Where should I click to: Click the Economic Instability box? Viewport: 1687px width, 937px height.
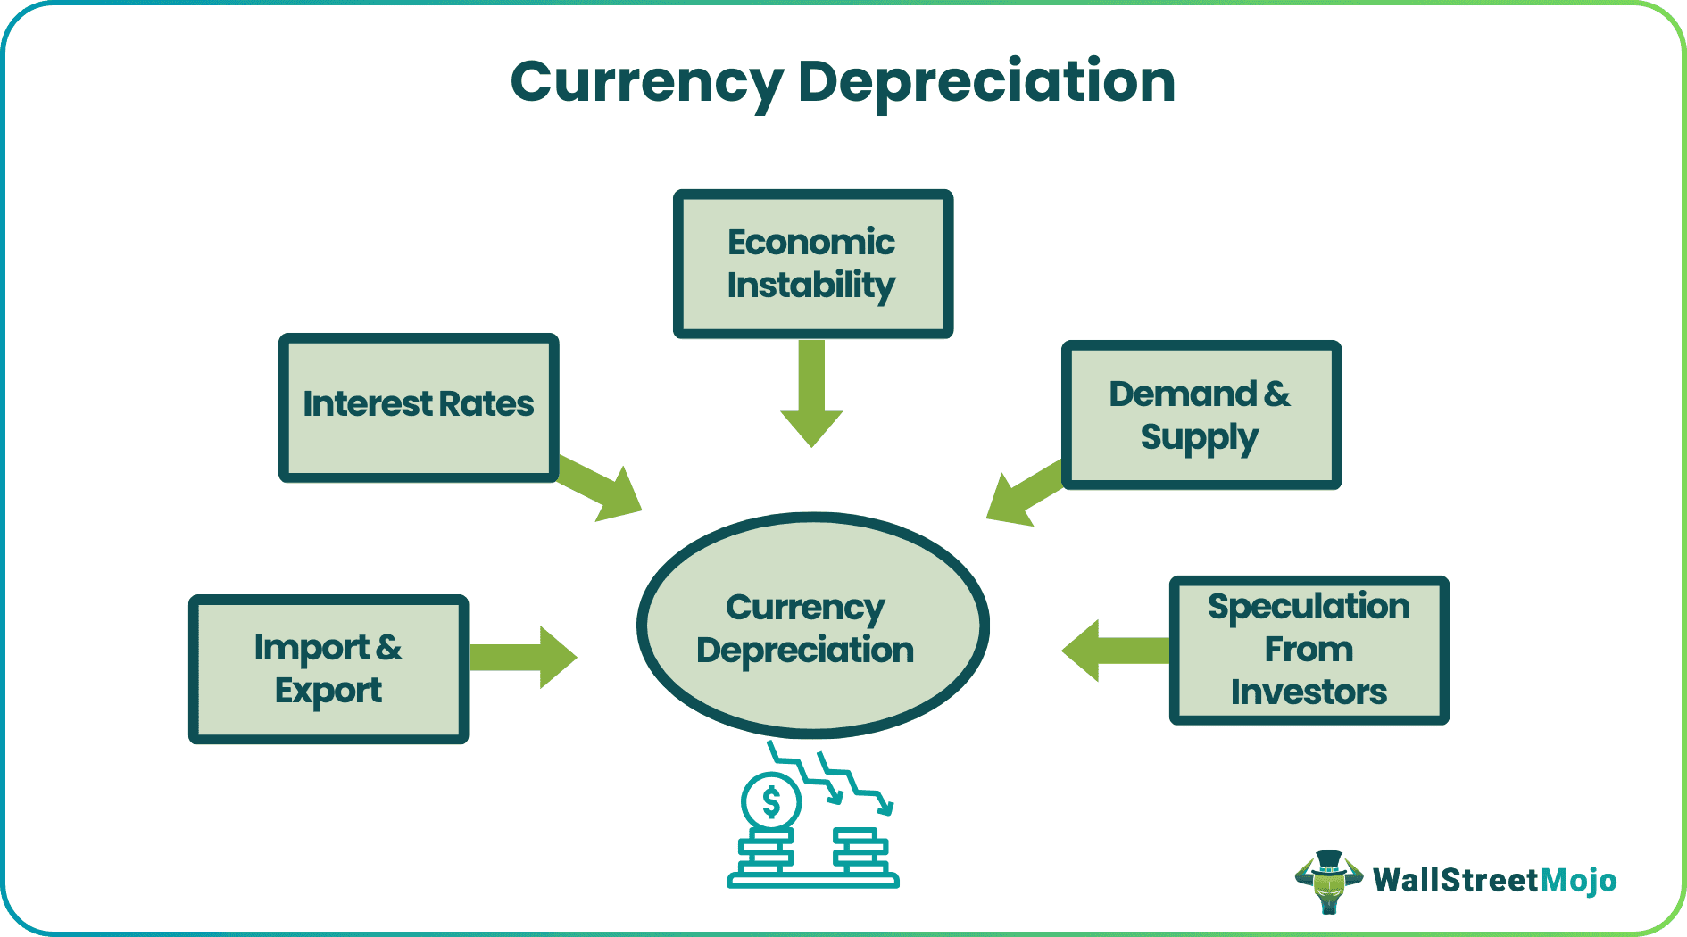812,264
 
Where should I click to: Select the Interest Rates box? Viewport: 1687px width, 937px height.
419,408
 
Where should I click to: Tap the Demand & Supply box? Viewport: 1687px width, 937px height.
1201,415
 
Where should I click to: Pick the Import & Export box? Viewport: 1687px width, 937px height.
328,669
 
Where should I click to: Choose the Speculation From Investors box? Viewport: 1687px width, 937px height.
1309,650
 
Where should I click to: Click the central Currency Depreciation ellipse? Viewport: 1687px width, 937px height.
812,625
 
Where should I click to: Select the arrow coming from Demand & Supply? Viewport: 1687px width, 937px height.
1023,493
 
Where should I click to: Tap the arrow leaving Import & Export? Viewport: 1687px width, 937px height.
522,658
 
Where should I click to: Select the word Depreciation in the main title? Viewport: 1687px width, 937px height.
985,81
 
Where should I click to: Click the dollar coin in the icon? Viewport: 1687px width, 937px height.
771,801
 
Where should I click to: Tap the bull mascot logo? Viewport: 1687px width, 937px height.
1328,881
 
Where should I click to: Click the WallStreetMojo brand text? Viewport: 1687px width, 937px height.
1494,880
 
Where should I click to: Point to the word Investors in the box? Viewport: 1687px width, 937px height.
1309,692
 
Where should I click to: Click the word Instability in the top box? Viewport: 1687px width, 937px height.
810,286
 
